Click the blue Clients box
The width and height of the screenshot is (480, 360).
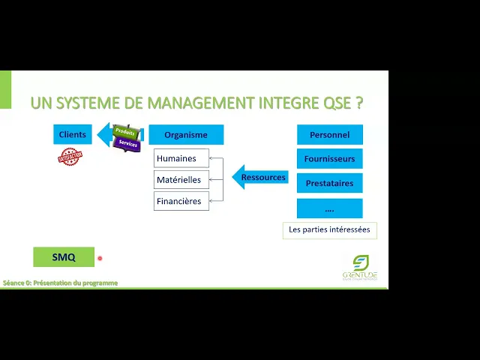(x=72, y=135)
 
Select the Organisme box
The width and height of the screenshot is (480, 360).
(x=186, y=135)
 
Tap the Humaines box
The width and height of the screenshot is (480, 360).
(x=181, y=158)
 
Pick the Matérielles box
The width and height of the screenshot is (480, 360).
(x=181, y=180)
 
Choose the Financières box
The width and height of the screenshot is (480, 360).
(x=181, y=201)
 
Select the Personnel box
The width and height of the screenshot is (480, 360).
(x=329, y=135)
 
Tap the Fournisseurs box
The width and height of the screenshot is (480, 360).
(x=329, y=159)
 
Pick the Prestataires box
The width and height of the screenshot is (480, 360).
(x=329, y=184)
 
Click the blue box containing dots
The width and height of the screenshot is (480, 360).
(x=329, y=208)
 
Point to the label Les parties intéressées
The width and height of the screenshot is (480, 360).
(x=329, y=229)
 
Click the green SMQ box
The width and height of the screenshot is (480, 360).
(x=64, y=257)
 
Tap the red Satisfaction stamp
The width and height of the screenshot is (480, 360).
(x=70, y=156)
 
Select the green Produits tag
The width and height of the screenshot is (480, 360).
(x=125, y=132)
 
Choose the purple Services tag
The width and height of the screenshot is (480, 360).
(x=128, y=143)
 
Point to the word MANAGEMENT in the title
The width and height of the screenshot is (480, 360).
(x=194, y=103)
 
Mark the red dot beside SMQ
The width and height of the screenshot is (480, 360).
(x=99, y=258)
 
